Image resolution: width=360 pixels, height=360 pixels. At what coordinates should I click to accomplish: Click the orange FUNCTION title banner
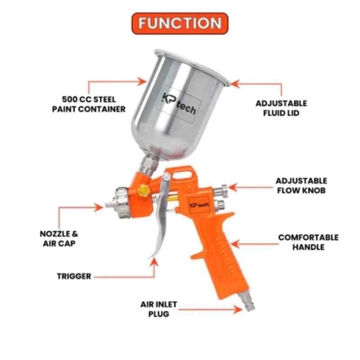tap(180, 23)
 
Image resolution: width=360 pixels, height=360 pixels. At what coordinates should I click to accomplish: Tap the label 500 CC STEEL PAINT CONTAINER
tap(89, 104)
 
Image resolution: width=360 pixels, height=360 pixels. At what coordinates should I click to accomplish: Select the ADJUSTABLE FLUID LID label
tap(281, 108)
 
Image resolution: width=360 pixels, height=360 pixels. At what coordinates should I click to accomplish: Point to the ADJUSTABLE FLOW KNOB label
tap(301, 185)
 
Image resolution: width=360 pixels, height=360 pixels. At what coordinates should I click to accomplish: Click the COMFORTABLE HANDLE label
tap(308, 242)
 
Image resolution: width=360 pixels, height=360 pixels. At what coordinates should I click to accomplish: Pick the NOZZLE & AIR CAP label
tap(59, 238)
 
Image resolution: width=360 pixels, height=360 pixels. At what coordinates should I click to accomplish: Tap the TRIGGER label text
tap(74, 276)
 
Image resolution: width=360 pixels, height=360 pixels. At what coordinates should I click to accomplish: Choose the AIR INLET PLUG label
tap(159, 309)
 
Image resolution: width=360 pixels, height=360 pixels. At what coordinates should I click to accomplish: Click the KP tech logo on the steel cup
tap(179, 104)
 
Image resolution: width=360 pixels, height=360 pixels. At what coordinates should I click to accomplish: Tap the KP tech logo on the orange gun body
tap(199, 205)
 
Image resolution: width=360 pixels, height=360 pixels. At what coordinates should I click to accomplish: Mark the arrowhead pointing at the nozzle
tap(99, 207)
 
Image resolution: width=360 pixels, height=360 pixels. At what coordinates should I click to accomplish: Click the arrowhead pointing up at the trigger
tap(154, 262)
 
